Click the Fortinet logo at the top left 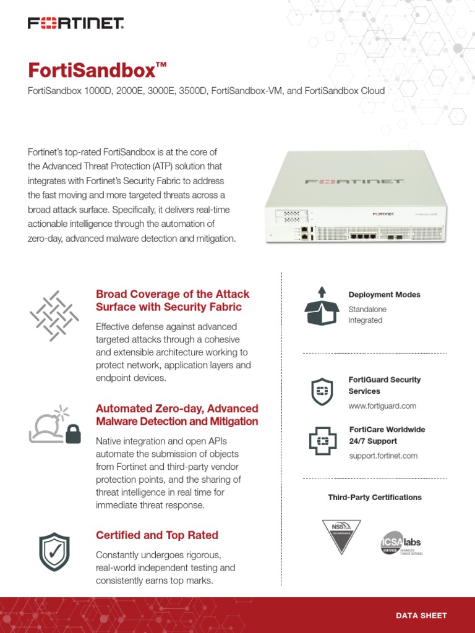(x=76, y=24)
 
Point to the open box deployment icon (x=322, y=306)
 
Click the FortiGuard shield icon (x=322, y=391)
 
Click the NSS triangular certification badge (x=341, y=537)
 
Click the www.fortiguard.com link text (x=382, y=406)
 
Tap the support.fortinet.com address (x=383, y=456)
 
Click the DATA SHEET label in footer (x=421, y=615)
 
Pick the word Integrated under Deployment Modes (x=365, y=320)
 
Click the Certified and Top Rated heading (x=157, y=535)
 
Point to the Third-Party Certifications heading (x=375, y=498)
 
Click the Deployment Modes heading (x=384, y=295)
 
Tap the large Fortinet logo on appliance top (x=354, y=182)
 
